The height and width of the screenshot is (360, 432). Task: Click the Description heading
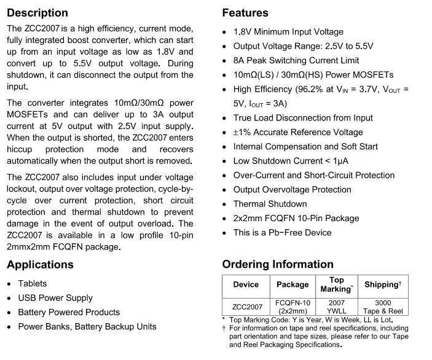pos(37,13)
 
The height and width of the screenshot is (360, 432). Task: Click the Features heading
pos(245,13)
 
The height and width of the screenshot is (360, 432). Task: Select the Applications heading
pos(40,265)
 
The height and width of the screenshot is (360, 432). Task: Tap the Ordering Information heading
pos(278,265)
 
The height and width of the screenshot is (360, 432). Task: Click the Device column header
pos(246,285)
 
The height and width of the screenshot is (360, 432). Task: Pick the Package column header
pos(293,285)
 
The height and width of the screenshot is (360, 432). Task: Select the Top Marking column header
pos(337,285)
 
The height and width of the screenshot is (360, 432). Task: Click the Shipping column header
pos(383,285)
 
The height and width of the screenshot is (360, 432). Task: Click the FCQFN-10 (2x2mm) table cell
pos(293,307)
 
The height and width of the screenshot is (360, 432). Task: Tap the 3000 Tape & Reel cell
pos(383,307)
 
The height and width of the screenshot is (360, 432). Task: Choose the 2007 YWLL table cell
pos(337,307)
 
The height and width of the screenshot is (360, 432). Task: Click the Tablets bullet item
pos(32,284)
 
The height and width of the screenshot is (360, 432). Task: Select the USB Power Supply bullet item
pos(55,298)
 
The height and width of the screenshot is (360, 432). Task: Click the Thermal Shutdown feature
pos(270,204)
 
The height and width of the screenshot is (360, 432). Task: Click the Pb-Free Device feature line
pos(282,233)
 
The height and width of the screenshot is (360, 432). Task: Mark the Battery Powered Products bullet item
pos(69,312)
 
